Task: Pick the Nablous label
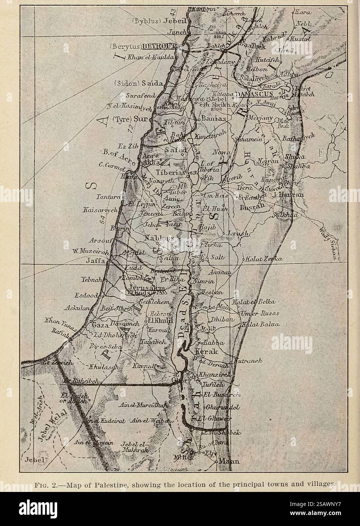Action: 159,238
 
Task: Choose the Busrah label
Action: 249,208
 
